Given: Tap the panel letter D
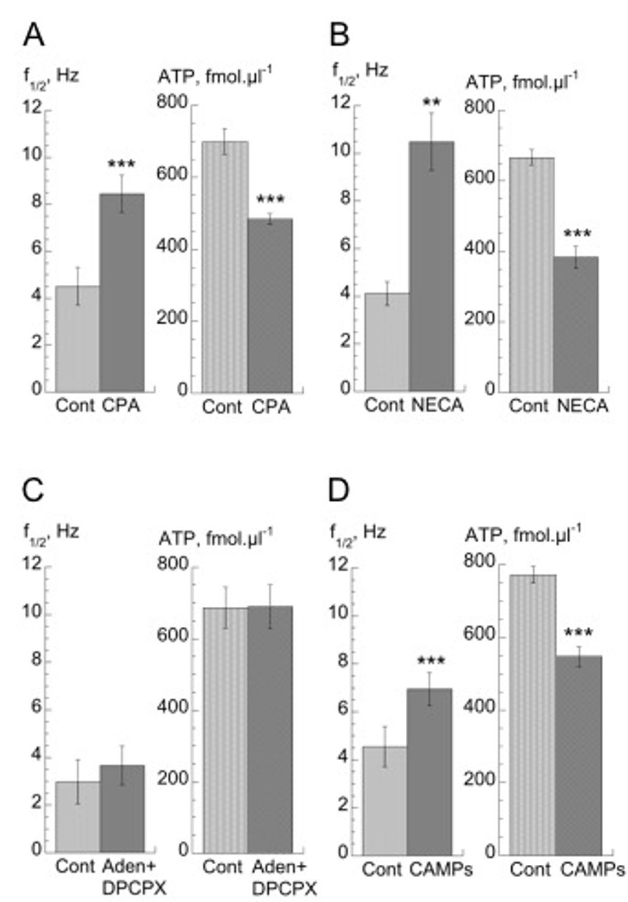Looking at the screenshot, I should point(339,491).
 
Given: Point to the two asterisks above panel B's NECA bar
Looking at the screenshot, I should point(432,103).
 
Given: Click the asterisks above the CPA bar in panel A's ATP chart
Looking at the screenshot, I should point(270,200).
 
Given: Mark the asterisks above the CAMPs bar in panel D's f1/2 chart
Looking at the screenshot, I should point(431,661).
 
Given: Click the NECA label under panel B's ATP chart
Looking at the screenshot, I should point(582,406).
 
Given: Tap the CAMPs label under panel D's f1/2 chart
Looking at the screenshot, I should point(441,869).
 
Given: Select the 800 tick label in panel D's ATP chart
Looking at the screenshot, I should point(480,561).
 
